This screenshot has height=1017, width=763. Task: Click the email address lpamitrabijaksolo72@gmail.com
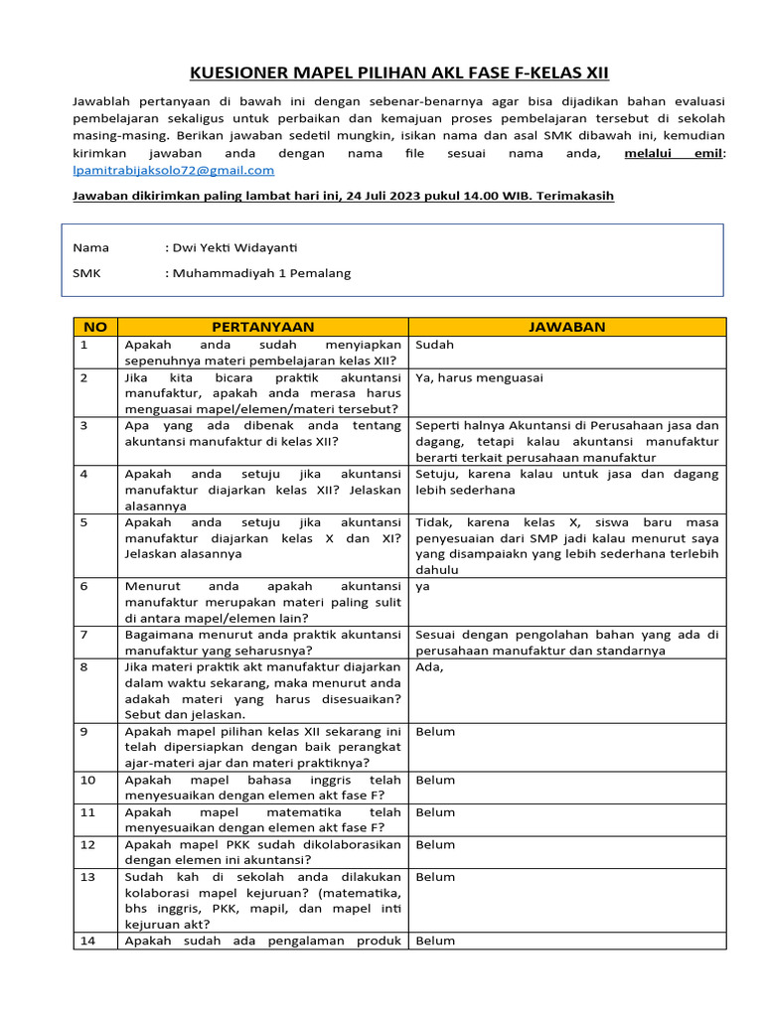[x=174, y=171]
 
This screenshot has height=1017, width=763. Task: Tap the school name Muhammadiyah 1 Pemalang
[x=261, y=273]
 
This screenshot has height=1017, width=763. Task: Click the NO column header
[x=94, y=327]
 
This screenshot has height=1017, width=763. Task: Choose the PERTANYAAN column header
[x=262, y=327]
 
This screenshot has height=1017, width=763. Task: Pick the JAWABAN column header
[x=567, y=327]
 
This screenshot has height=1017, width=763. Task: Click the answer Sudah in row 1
[x=434, y=345]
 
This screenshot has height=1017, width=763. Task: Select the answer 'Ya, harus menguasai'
[x=479, y=377]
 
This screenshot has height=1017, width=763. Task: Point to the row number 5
[x=84, y=522]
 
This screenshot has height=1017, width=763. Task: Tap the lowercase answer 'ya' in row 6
[x=422, y=586]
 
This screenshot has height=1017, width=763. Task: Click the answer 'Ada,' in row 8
[x=429, y=667]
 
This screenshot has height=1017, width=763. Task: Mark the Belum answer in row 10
[x=435, y=781]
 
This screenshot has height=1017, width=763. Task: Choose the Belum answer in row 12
[x=435, y=844]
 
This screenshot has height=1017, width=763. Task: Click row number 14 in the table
[x=87, y=941]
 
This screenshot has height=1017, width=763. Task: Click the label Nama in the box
[x=91, y=247]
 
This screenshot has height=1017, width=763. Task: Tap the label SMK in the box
[x=87, y=273]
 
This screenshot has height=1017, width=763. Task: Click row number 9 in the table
[x=84, y=732]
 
